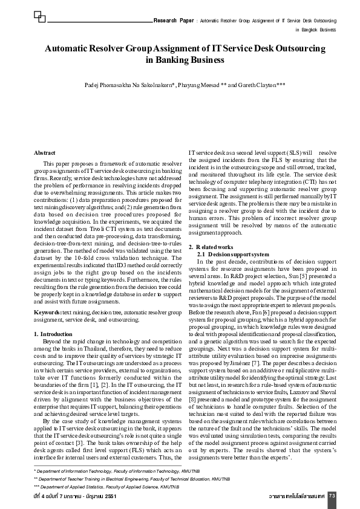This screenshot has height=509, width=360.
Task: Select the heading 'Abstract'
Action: [45, 154]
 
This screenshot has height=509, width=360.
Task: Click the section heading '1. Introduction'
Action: [53, 334]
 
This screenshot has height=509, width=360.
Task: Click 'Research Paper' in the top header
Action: [174, 20]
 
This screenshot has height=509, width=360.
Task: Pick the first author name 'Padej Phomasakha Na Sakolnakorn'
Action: [131, 85]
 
